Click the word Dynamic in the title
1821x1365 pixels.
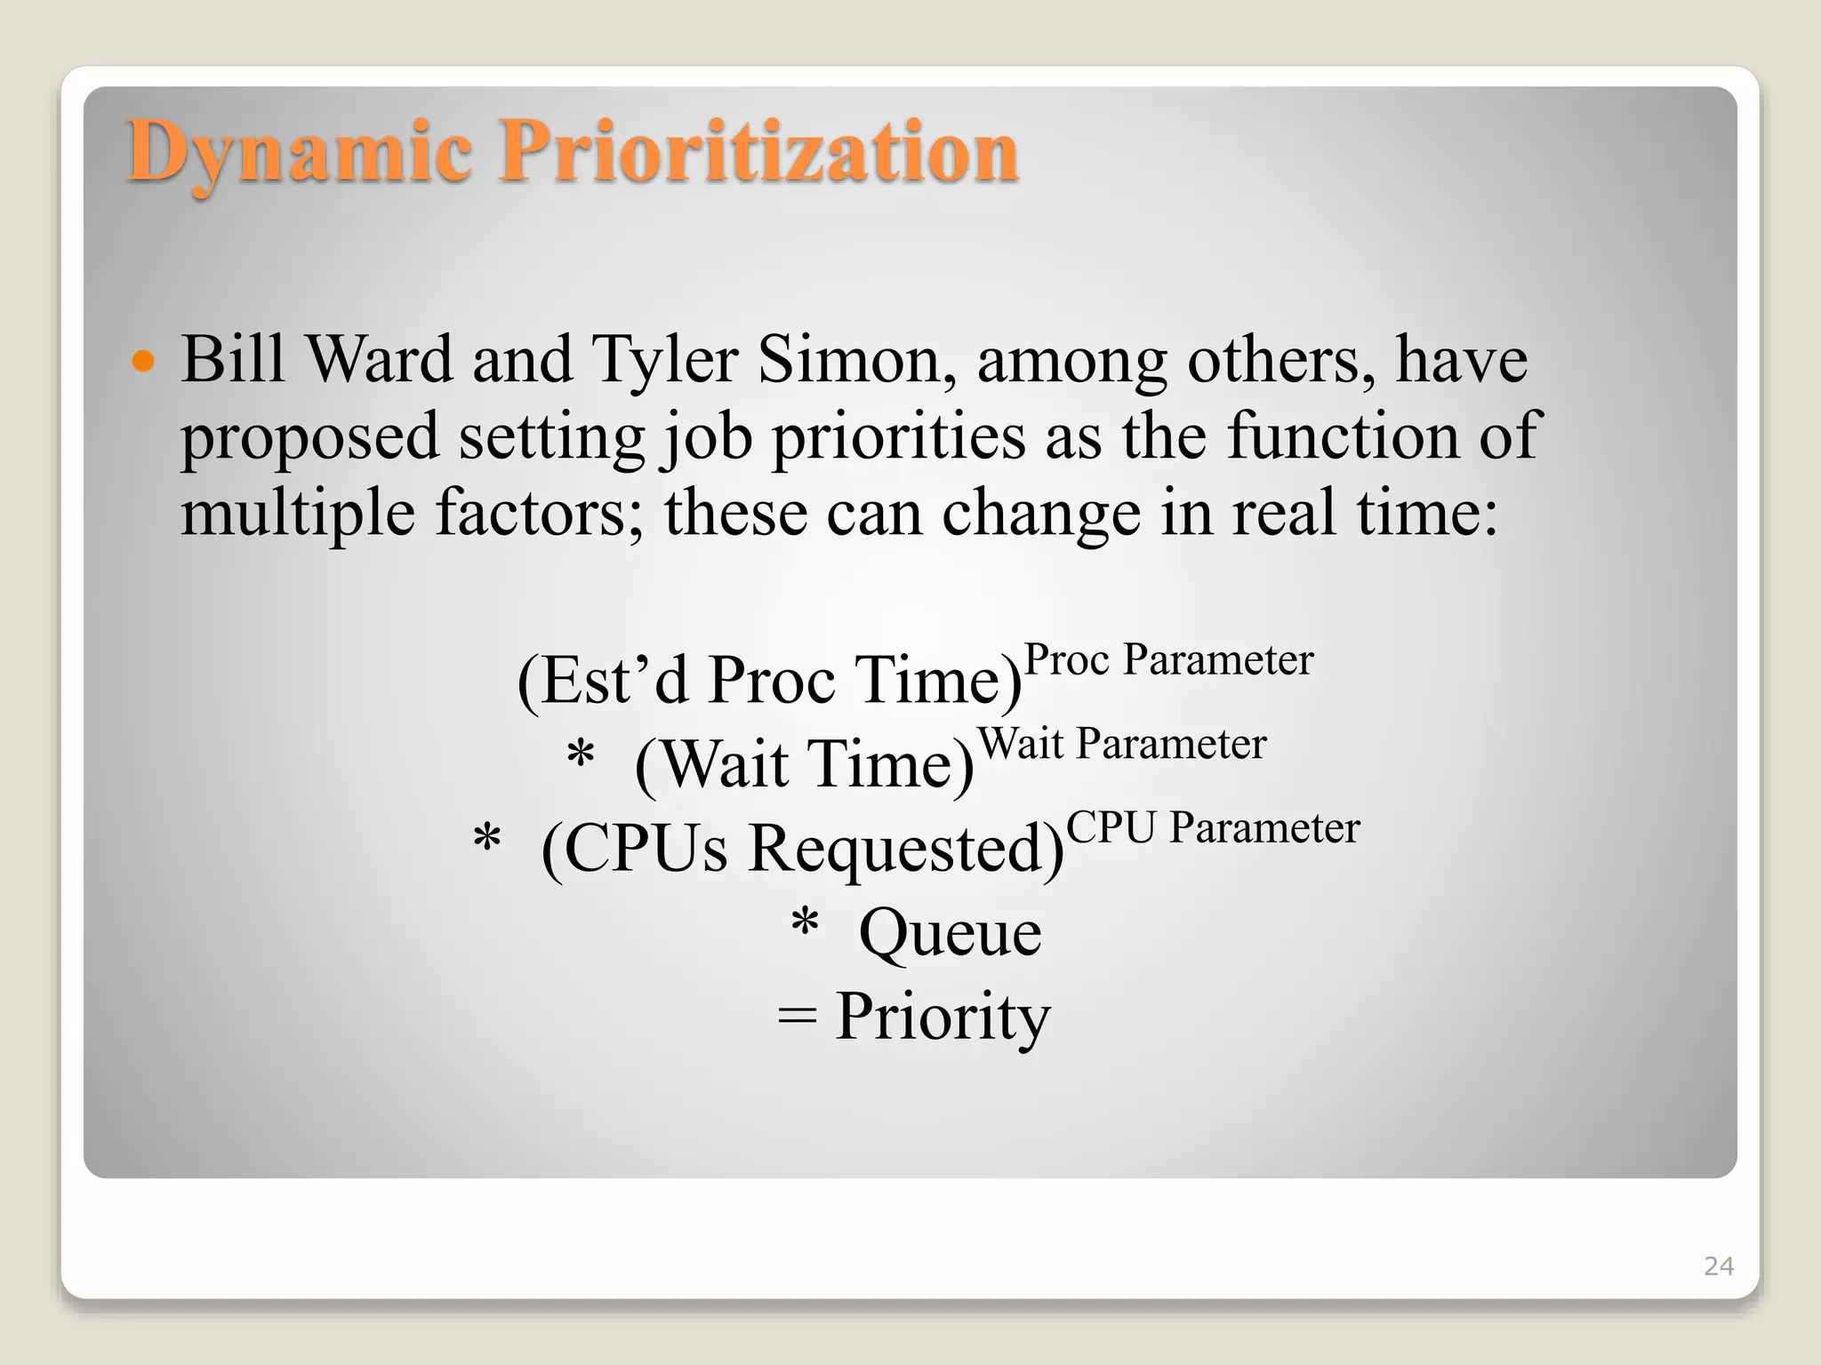pos(299,153)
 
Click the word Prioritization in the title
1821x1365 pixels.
pos(758,153)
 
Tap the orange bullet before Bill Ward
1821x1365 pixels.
pos(142,362)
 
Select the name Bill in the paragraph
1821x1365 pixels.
pos(233,360)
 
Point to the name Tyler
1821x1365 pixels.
pos(664,362)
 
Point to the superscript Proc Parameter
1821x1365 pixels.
pos(1168,660)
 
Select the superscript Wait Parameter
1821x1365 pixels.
pos(1121,744)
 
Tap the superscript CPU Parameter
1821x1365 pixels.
pos(1212,827)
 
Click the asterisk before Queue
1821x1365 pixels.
pos(805,924)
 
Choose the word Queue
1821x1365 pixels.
pos(950,933)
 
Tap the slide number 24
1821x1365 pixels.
pos(1718,1266)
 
